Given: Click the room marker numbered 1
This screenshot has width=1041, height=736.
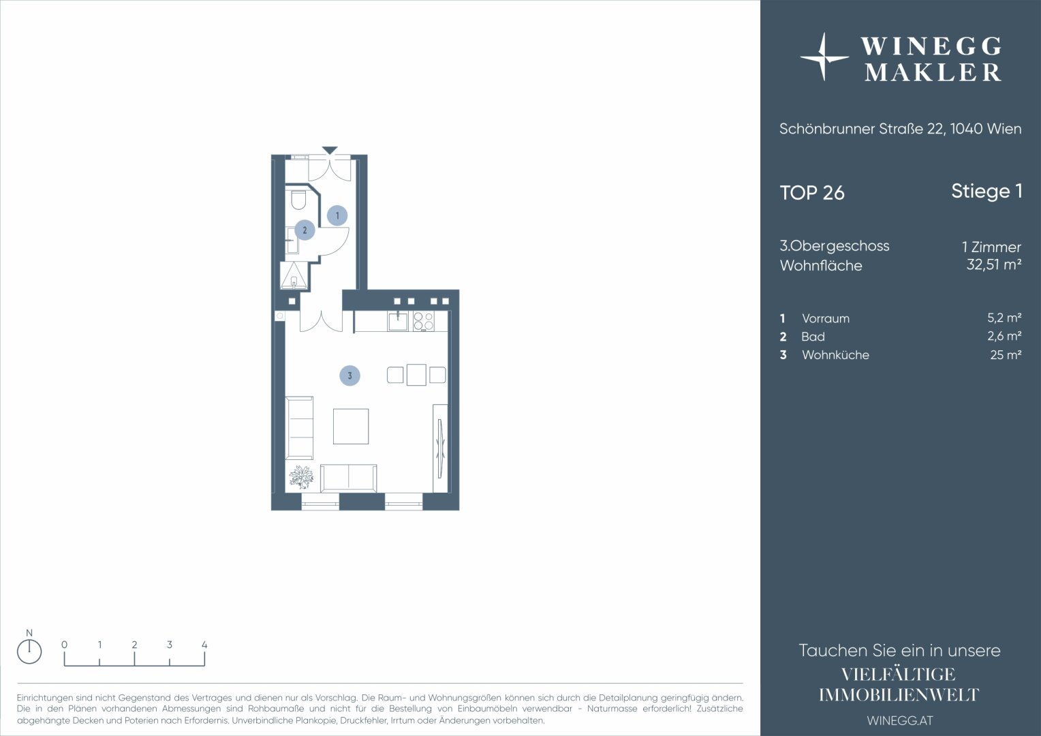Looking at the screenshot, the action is (337, 216).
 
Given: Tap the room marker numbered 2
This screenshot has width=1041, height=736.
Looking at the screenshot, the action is (305, 230).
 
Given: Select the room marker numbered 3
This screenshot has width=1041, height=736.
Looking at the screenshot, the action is (349, 375).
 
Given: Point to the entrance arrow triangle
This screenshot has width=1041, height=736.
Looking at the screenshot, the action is (330, 150).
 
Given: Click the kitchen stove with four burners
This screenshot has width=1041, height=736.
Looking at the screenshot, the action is (423, 321).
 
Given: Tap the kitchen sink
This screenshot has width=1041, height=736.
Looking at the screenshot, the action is (398, 321).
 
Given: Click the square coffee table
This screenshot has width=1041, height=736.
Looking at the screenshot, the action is (351, 427).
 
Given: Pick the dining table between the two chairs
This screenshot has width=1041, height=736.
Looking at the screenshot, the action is (416, 375).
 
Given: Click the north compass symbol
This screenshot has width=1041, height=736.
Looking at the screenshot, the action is (29, 651).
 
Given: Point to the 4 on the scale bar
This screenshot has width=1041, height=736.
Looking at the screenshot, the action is (204, 645).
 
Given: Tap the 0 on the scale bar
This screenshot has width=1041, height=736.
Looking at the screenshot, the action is (64, 645).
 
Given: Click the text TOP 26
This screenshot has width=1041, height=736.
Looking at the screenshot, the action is (812, 193).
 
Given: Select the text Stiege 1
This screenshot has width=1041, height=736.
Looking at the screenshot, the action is (986, 191).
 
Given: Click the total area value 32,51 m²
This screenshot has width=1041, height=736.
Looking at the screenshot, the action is (993, 264).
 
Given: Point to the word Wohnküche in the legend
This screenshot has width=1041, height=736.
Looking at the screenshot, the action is (835, 355).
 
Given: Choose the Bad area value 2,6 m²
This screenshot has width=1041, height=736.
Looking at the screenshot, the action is (1004, 336).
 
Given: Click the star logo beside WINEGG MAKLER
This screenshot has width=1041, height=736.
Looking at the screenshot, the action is (824, 57).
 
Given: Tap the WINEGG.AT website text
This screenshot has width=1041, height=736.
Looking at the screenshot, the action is (900, 720).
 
